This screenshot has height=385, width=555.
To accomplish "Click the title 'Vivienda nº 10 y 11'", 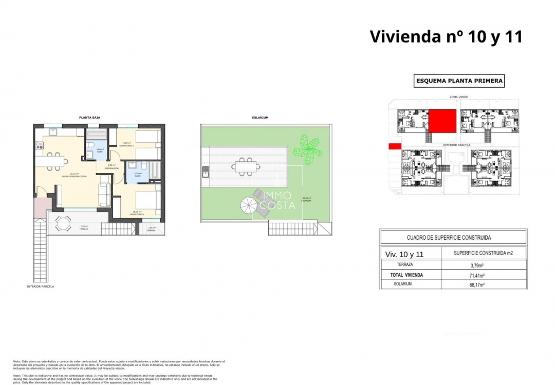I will pyautogui.click(x=446, y=36).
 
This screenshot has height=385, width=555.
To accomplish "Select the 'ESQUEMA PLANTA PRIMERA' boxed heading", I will pyautogui.click(x=459, y=81).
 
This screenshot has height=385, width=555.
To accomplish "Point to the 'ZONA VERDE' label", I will pyautogui.click(x=455, y=97).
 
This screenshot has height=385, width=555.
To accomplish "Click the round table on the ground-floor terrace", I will pyautogui.click(x=63, y=223).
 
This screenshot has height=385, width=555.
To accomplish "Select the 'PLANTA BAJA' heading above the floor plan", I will pyautogui.click(x=89, y=118).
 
